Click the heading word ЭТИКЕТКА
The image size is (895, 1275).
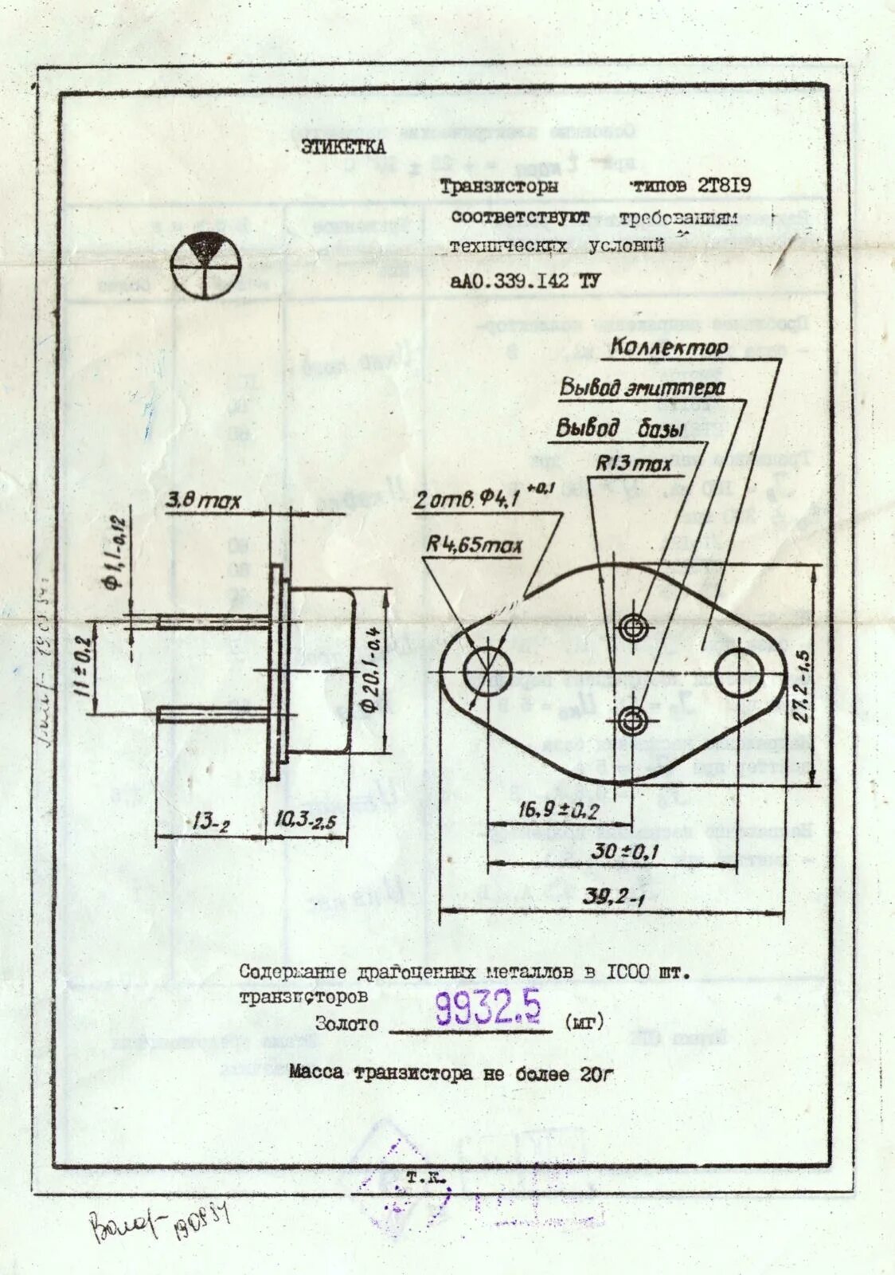(342, 147)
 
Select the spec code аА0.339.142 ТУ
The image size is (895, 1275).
(525, 280)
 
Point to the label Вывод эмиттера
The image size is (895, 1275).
(642, 388)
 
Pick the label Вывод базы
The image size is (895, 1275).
(620, 429)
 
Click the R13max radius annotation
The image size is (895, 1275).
(634, 464)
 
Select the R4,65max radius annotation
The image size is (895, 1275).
(475, 546)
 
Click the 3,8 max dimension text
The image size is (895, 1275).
(203, 502)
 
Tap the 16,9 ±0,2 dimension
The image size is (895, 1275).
(558, 811)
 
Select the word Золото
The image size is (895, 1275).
(347, 1025)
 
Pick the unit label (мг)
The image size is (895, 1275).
(584, 1021)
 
